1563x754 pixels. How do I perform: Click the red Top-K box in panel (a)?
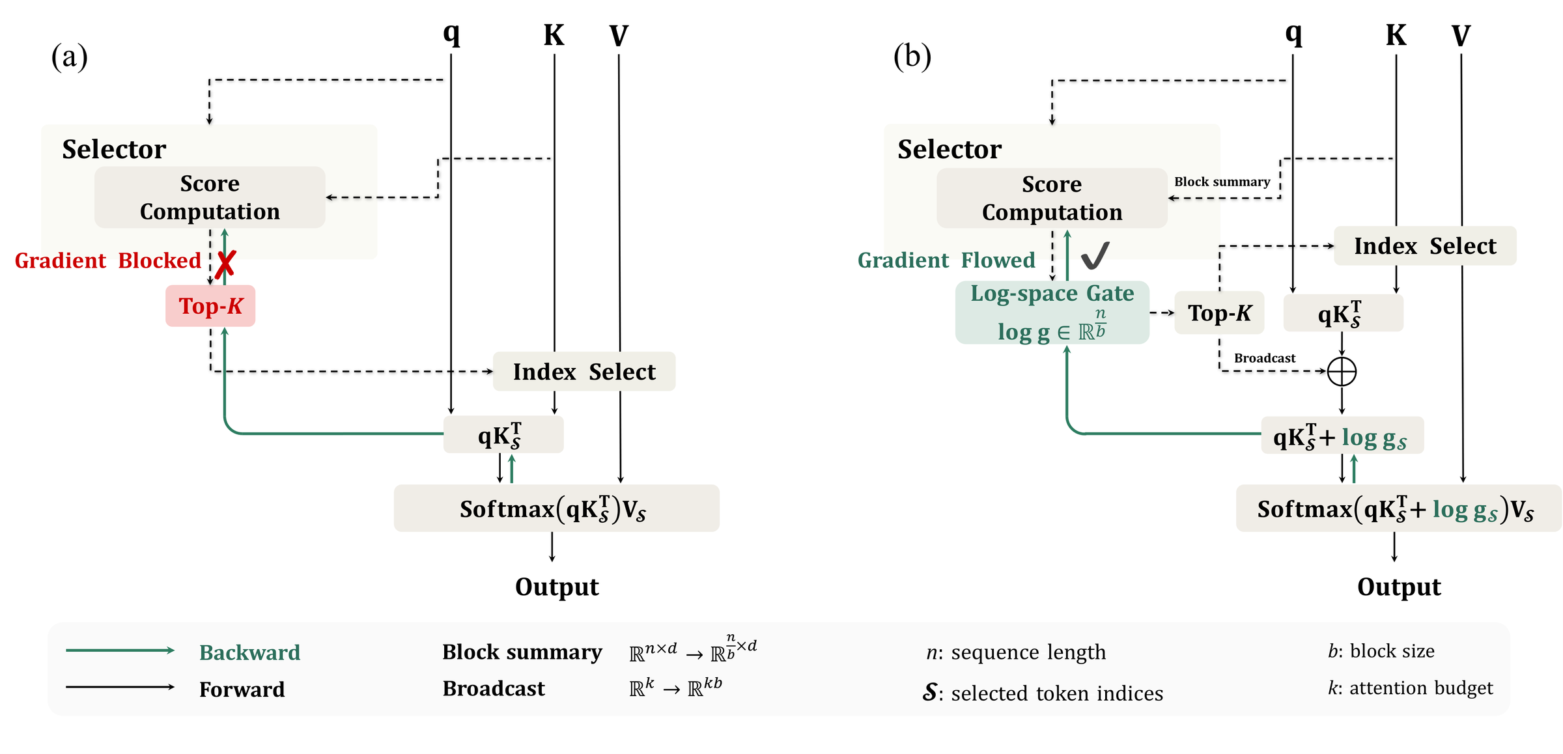pyautogui.click(x=210, y=305)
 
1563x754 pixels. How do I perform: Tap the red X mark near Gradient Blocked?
pyautogui.click(x=225, y=264)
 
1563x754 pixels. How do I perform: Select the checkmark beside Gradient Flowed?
pyautogui.click(x=1095, y=255)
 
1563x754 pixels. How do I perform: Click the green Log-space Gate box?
pyautogui.click(x=1052, y=312)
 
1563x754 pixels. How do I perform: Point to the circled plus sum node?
pyautogui.click(x=1342, y=372)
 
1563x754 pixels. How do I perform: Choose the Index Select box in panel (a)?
pyautogui.click(x=584, y=371)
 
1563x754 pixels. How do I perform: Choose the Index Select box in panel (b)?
pyautogui.click(x=1425, y=245)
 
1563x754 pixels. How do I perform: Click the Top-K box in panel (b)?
pyautogui.click(x=1219, y=313)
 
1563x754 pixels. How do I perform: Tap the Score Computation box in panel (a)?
pyautogui.click(x=210, y=197)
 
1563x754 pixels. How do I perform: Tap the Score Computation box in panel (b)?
pyautogui.click(x=1052, y=198)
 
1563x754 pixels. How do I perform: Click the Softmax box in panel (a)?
pyautogui.click(x=557, y=508)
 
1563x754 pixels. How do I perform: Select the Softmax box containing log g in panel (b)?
pyautogui.click(x=1399, y=508)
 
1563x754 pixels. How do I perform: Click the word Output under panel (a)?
pyautogui.click(x=557, y=587)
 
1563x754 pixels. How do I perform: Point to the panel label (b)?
pyautogui.click(x=912, y=56)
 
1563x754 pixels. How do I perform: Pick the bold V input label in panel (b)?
pyautogui.click(x=1461, y=36)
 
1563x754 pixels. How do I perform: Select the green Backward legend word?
pyautogui.click(x=249, y=652)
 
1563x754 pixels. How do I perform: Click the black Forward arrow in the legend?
pyautogui.click(x=120, y=687)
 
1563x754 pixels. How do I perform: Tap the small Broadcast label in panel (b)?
pyautogui.click(x=1265, y=358)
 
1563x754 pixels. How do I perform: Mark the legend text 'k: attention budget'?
pyautogui.click(x=1411, y=688)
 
